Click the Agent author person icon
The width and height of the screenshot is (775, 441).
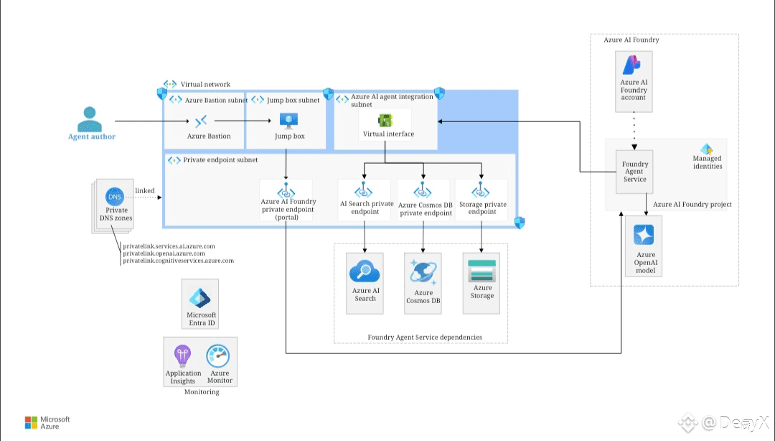(x=89, y=118)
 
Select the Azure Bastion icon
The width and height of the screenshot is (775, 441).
(x=202, y=121)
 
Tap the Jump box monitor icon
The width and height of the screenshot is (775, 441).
(x=289, y=121)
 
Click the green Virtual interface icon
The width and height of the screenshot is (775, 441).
(x=385, y=120)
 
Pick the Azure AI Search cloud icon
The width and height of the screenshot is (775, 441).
(x=365, y=272)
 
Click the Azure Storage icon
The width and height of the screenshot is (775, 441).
(x=482, y=271)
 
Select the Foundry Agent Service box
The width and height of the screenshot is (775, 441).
(x=634, y=172)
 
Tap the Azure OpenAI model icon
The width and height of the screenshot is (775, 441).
(x=645, y=236)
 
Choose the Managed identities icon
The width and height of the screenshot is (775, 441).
(x=707, y=149)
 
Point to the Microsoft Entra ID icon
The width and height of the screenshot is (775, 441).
(x=200, y=298)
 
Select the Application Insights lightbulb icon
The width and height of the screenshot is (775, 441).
(x=182, y=356)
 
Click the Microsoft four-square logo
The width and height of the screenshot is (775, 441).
(x=31, y=422)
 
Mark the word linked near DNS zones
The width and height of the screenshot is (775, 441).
(x=144, y=190)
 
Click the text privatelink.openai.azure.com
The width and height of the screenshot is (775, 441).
(x=164, y=254)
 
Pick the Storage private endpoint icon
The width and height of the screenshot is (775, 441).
(x=482, y=191)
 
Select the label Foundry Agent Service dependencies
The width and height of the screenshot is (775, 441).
(x=425, y=337)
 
